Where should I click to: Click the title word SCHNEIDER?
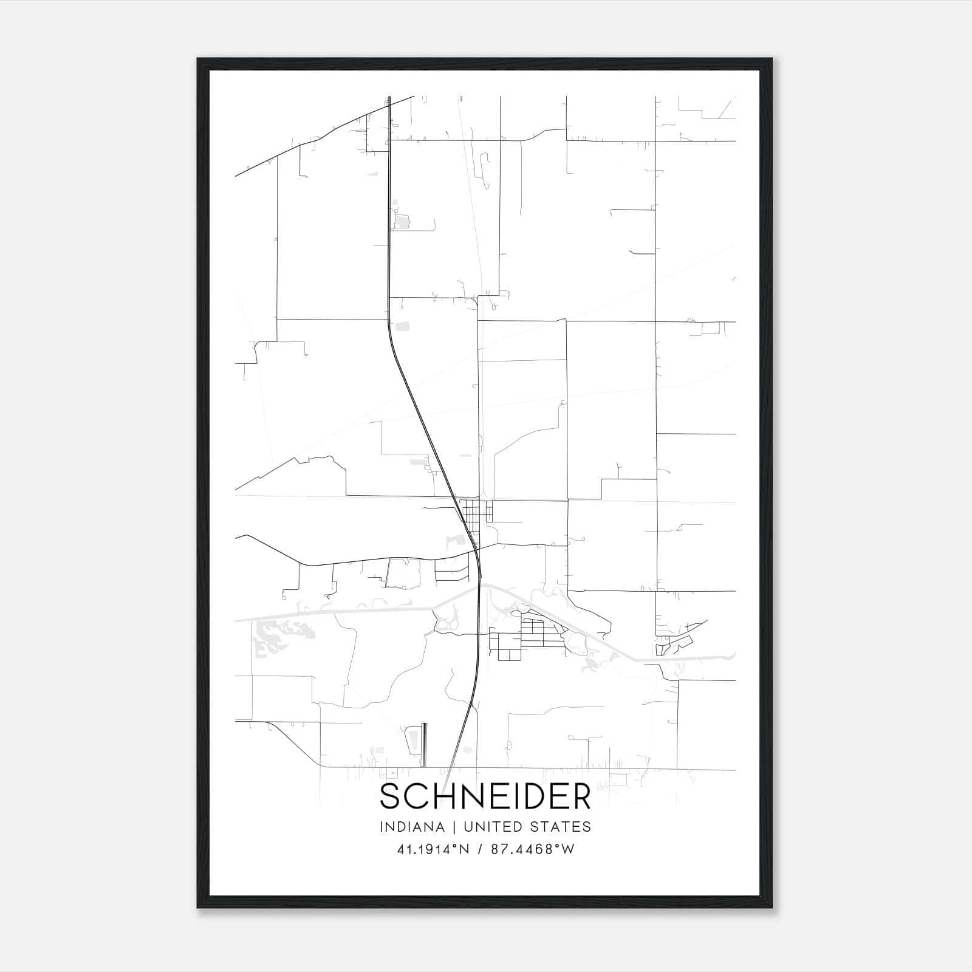click(485, 796)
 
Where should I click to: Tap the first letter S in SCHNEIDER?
click(390, 796)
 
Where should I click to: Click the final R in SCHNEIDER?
click(581, 796)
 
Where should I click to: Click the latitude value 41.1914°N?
click(433, 849)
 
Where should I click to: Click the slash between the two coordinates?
click(480, 849)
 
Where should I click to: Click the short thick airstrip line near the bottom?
click(424, 744)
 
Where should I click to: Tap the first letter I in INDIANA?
click(382, 827)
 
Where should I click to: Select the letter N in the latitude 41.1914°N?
click(464, 849)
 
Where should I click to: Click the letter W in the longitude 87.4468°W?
click(567, 849)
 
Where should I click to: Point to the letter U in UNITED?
click(468, 827)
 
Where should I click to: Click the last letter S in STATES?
click(587, 827)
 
